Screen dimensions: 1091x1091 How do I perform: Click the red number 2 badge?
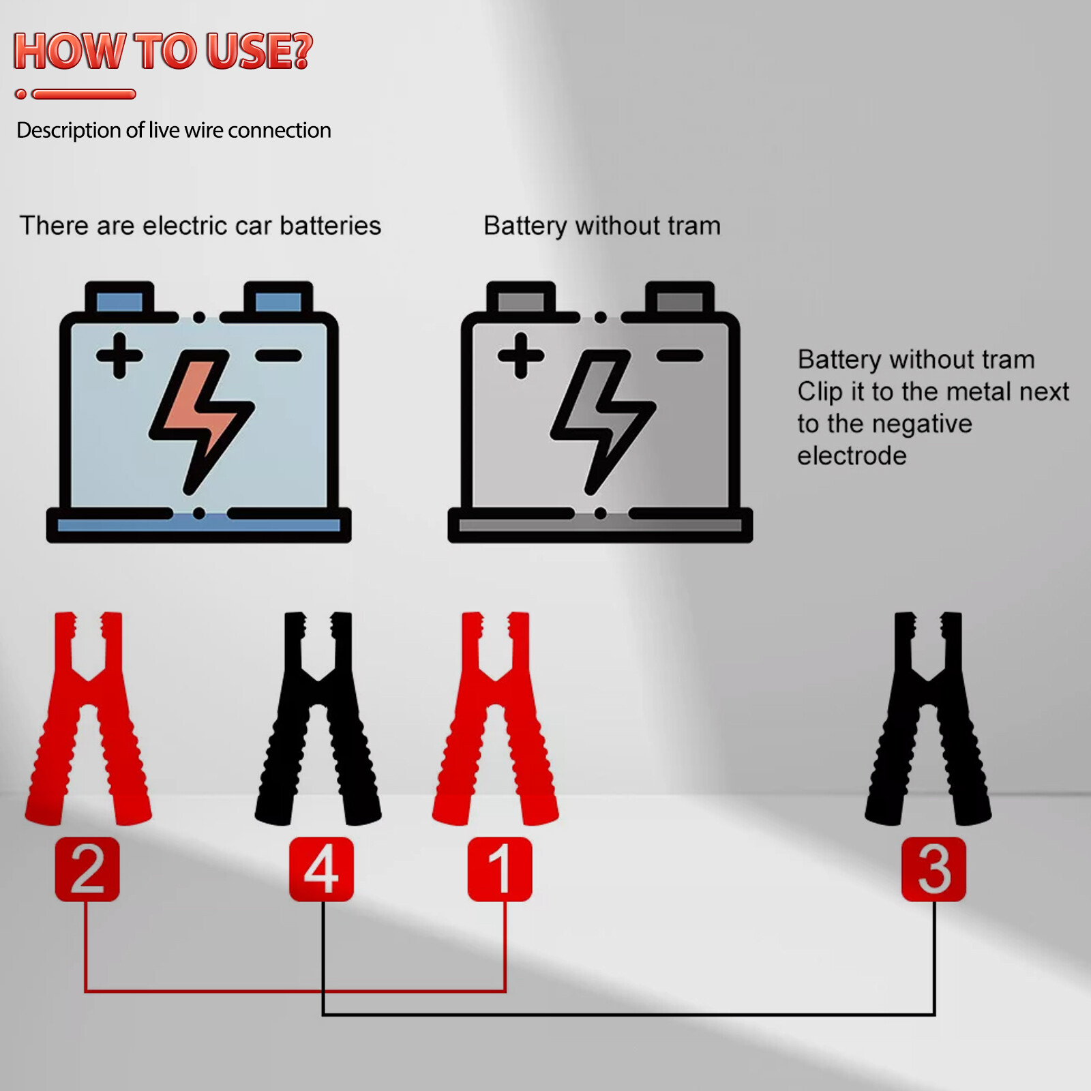87,869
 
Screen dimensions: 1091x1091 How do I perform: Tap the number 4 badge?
321,869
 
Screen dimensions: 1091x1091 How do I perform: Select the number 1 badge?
500,869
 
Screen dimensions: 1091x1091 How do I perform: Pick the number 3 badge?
933,869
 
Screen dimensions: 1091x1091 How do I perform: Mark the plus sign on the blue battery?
119,355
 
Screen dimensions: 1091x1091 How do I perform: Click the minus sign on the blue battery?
278,355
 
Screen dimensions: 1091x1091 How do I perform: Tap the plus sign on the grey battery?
521,355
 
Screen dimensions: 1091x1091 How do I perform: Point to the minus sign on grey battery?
680,355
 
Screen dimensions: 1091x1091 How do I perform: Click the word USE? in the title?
259,51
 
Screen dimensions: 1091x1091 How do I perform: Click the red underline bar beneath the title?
84,94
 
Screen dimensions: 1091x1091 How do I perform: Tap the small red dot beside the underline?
21,94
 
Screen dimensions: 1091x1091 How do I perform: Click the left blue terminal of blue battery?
119,301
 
